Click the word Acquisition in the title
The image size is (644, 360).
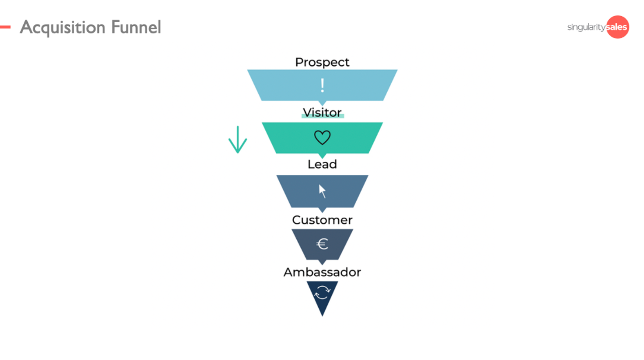click(63, 27)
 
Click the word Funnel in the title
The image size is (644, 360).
click(136, 27)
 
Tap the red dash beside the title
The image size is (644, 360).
click(5, 27)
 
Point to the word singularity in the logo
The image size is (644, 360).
click(586, 27)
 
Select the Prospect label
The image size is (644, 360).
click(322, 62)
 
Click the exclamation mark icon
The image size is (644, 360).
click(322, 85)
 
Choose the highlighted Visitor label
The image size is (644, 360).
click(322, 113)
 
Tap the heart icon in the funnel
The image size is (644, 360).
click(322, 138)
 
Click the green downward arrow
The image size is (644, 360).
click(238, 140)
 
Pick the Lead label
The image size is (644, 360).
click(322, 164)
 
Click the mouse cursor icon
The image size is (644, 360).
click(322, 191)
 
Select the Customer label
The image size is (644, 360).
click(322, 220)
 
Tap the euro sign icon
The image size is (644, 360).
click(322, 244)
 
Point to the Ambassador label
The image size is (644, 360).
click(322, 272)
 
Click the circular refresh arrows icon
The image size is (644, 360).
click(322, 292)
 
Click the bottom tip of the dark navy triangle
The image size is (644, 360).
click(322, 314)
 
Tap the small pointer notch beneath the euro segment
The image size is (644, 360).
click(322, 262)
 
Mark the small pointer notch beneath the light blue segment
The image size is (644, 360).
click(322, 103)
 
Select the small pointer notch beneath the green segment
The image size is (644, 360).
click(322, 156)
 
